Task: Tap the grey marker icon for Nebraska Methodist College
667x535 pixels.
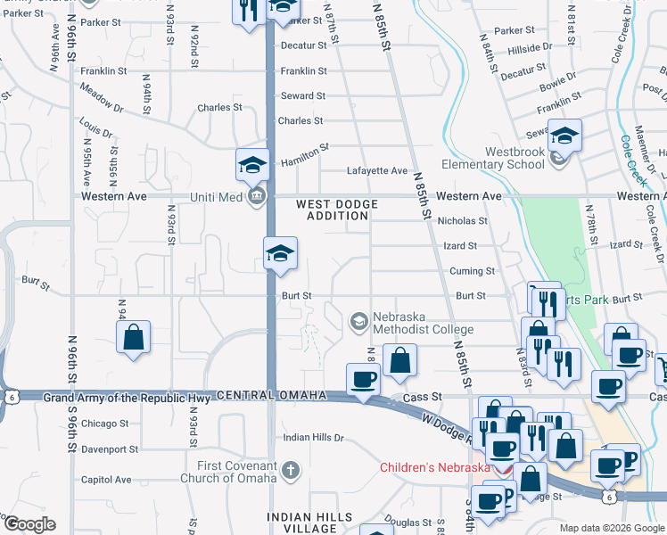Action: point(358,320)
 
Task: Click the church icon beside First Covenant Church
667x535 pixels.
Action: point(290,469)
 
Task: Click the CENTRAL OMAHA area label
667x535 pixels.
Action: point(269,395)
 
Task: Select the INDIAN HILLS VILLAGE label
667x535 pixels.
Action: point(310,523)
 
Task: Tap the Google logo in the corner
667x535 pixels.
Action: point(29,524)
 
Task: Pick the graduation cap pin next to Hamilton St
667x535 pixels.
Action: point(252,165)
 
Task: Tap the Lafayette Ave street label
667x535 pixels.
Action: point(376,171)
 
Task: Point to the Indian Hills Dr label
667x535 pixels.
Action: point(313,438)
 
